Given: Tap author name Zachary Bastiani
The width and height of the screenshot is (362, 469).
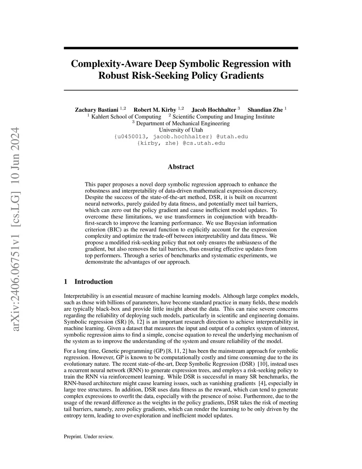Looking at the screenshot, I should coord(97,110).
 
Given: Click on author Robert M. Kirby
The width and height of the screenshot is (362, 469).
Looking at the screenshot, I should coord(155,110).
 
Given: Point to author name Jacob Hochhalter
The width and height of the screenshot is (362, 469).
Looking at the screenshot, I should coord(214,110).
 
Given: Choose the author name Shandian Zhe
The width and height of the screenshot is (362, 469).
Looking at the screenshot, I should coord(265,110).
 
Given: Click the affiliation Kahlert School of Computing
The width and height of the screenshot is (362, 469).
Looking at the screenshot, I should coord(126,117).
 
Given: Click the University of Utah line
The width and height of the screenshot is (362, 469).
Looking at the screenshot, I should coord(181,130).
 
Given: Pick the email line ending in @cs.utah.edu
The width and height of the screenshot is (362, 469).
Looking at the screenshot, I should coord(181,143).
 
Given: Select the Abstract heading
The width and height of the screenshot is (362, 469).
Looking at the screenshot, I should coord(181,167).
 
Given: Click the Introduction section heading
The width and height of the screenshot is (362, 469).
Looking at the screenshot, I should coord(93,282).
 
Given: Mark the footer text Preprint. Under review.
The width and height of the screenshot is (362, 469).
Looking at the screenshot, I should coord(89,436).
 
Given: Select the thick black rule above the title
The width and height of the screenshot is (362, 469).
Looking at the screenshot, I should coord(181,48).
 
